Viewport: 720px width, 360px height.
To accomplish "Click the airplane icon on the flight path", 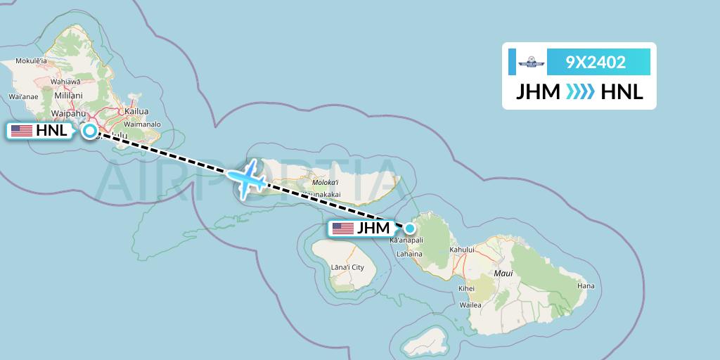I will pos(247,178).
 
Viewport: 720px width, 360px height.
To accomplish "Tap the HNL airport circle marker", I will pos(90,130).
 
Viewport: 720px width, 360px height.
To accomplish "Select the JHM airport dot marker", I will pos(409,227).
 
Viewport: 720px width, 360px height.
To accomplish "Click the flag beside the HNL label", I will pos(22,130).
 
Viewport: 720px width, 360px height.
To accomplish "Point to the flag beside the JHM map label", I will pos(343,228).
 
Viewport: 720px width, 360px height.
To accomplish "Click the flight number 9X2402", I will pos(596,62).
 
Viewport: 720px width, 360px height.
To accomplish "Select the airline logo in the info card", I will pos(532,62).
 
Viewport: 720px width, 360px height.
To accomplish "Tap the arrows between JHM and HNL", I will pos(581,92).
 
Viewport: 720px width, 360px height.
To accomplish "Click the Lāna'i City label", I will pos(349,267).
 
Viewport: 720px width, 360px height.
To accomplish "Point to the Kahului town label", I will pos(463,250).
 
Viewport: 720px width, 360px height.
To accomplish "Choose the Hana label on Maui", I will pos(586,285).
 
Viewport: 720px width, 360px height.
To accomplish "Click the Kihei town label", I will pos(466,288).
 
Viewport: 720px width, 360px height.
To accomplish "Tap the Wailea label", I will pos(470,305).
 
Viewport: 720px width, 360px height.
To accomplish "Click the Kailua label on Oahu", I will pos(136,111).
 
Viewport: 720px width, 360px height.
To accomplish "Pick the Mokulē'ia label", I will pos(27,61).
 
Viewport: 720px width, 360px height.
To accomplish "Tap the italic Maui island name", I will pos(503,272).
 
